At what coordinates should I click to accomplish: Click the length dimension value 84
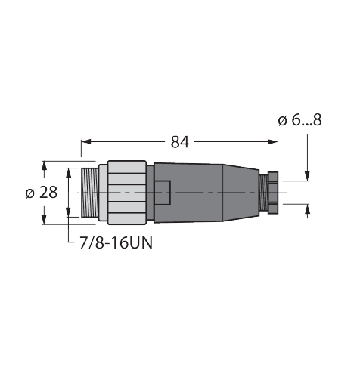tap(179, 142)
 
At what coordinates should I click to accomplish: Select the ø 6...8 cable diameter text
tap(299, 120)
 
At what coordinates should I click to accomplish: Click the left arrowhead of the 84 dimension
tap(85, 142)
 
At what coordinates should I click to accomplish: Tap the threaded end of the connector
tap(88, 193)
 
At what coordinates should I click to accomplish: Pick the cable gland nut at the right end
tap(270, 193)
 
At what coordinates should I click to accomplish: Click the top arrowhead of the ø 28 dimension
tap(44, 164)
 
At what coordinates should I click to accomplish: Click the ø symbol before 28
tap(30, 193)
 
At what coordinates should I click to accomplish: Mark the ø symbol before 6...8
tap(281, 120)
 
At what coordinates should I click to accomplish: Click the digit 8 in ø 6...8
tap(317, 120)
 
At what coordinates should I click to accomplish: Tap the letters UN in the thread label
tap(134, 243)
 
